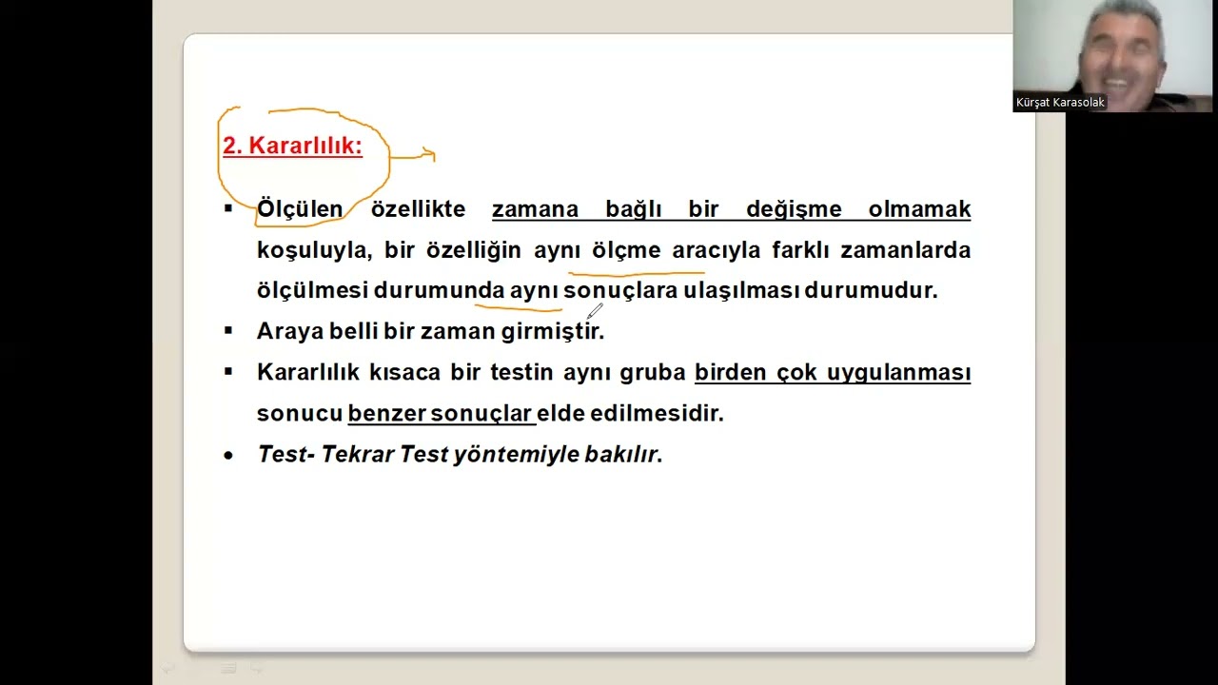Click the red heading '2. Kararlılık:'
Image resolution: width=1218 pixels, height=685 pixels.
(x=292, y=146)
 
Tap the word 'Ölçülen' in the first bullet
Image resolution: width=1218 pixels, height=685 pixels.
(x=300, y=209)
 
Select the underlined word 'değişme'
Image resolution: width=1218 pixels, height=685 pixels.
(x=794, y=209)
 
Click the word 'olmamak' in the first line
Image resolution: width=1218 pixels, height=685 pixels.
(x=919, y=209)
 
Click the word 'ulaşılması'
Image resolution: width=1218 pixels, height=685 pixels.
(x=741, y=290)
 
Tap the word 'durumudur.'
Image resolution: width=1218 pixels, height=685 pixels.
(x=871, y=290)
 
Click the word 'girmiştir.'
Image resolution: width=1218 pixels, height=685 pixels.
(x=553, y=331)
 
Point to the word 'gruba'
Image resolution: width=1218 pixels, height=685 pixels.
(x=653, y=372)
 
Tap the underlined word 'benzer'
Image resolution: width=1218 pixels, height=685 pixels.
(x=385, y=413)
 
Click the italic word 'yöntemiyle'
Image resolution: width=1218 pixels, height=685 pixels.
(x=501, y=455)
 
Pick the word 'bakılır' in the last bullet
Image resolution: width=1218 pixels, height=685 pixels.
(x=621, y=455)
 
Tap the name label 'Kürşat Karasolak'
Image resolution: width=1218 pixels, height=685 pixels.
(x=1060, y=103)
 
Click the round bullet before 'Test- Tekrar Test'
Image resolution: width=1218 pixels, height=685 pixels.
(x=228, y=456)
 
